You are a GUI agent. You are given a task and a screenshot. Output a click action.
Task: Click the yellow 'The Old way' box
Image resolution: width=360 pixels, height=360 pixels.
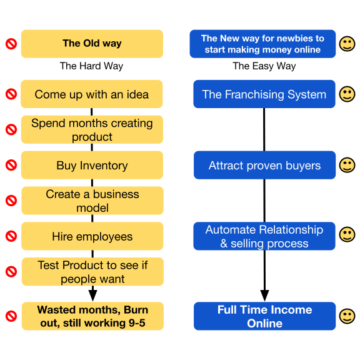tap(92, 44)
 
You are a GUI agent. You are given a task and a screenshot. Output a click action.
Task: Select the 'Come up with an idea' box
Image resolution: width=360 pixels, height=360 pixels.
tap(92, 94)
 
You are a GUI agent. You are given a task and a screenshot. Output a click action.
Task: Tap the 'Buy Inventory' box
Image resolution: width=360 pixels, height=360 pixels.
tap(92, 165)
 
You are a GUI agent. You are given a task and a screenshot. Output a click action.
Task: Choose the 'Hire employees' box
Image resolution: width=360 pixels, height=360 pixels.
tap(92, 236)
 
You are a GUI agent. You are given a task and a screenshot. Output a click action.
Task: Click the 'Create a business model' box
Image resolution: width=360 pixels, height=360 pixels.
tap(92, 201)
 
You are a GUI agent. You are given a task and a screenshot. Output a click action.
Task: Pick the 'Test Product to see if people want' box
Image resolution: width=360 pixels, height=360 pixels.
tap(92, 272)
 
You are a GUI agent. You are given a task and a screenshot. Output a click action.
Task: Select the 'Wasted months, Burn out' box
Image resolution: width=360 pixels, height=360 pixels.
tap(92, 316)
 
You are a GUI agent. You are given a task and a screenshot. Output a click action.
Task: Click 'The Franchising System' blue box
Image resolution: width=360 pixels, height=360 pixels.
tap(264, 94)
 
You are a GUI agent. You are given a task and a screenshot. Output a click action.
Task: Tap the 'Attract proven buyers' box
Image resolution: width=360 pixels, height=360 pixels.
tap(264, 165)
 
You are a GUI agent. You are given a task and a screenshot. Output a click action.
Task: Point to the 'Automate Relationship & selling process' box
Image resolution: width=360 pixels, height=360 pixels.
tap(264, 236)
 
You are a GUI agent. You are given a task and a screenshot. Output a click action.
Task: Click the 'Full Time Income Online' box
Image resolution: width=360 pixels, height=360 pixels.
tap(264, 316)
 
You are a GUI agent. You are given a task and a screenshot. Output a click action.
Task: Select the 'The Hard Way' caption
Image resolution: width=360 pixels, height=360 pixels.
tap(91, 66)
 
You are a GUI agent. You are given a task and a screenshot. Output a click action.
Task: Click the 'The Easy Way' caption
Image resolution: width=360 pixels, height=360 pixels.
tap(264, 66)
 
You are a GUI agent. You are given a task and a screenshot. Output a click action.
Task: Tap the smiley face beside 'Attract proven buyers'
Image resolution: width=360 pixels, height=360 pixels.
tap(347, 165)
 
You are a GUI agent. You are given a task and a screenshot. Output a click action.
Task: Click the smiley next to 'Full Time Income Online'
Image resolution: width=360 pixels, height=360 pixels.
tap(347, 316)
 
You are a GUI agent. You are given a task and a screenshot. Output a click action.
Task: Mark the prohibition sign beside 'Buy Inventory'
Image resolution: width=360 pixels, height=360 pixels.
tap(11, 165)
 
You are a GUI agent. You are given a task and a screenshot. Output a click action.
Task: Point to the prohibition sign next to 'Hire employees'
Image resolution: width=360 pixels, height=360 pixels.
tap(11, 236)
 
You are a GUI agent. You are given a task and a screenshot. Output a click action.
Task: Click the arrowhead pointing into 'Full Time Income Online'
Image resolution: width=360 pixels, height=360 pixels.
tap(264, 296)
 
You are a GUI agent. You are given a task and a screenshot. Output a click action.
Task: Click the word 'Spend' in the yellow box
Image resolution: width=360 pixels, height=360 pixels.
tap(49, 124)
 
